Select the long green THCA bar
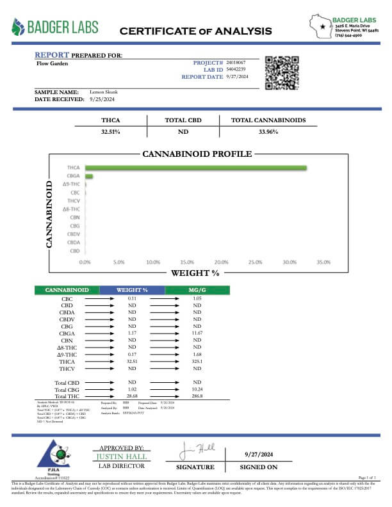click(195, 168)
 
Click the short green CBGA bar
click(89, 176)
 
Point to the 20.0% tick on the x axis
click(221, 262)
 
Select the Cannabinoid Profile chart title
click(197, 154)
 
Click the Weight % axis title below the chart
click(195, 273)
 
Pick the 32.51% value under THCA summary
click(110, 132)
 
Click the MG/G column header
click(197, 291)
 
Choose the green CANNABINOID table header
click(67, 291)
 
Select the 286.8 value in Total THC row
click(197, 396)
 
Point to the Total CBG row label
click(67, 389)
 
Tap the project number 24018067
click(237, 63)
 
